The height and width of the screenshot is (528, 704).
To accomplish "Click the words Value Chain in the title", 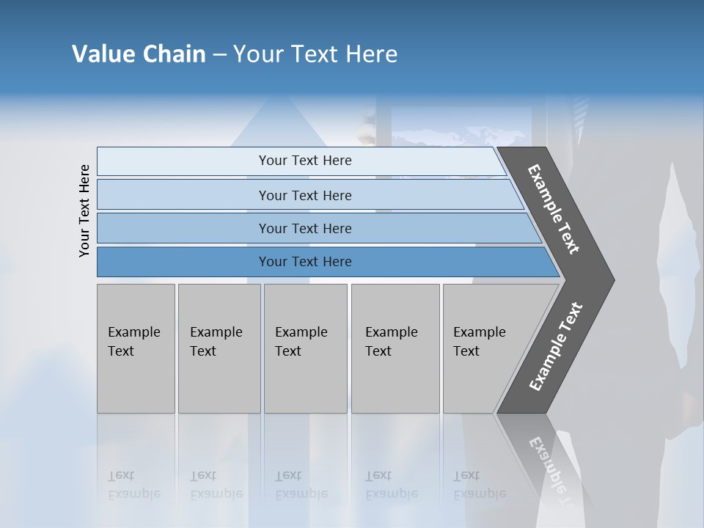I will (x=139, y=54).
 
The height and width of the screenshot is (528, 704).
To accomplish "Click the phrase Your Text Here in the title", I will (x=315, y=54).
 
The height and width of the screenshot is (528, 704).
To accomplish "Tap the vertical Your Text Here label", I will (x=84, y=210).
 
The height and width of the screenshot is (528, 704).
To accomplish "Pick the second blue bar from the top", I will (x=305, y=195).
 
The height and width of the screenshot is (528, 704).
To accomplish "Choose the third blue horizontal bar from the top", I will (x=305, y=228).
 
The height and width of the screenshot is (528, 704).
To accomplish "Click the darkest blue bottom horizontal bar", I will (x=305, y=262).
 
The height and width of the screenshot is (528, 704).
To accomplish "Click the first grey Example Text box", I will (x=136, y=348).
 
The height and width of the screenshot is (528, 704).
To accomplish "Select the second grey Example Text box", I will (x=219, y=348).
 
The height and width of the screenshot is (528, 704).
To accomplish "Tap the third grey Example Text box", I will (x=305, y=348).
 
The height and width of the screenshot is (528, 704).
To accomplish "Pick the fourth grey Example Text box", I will (x=395, y=348).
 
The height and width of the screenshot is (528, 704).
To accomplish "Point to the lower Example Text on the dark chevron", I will (x=556, y=347).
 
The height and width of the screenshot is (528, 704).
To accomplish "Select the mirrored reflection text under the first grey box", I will (x=134, y=484).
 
